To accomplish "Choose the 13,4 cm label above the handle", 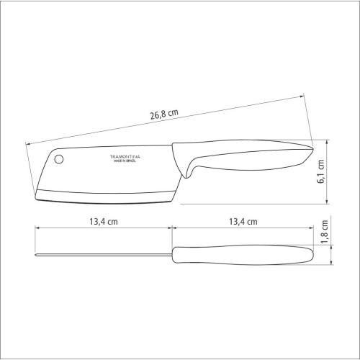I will pyautogui.click(x=242, y=222).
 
